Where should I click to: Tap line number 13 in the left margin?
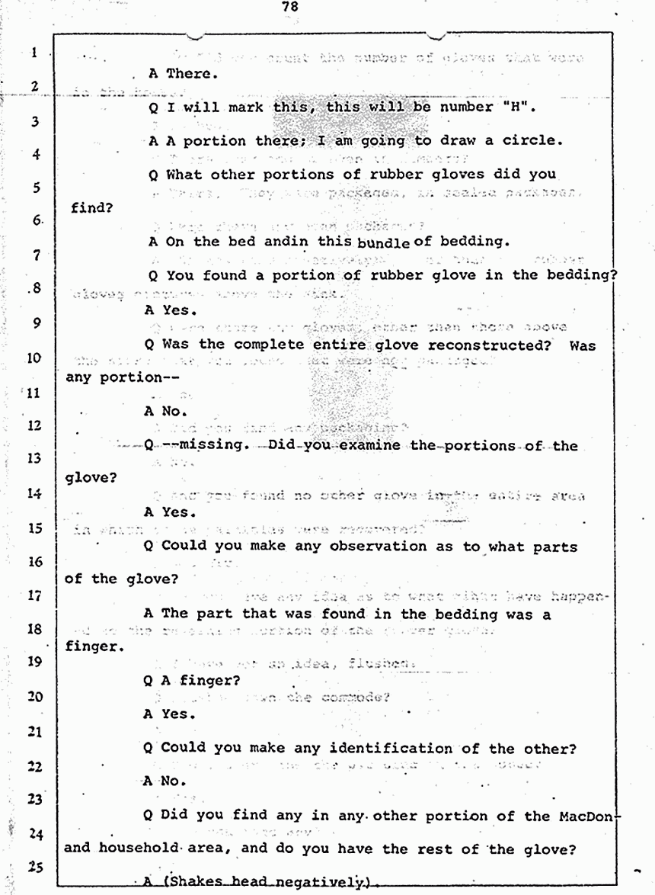coord(34,458)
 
